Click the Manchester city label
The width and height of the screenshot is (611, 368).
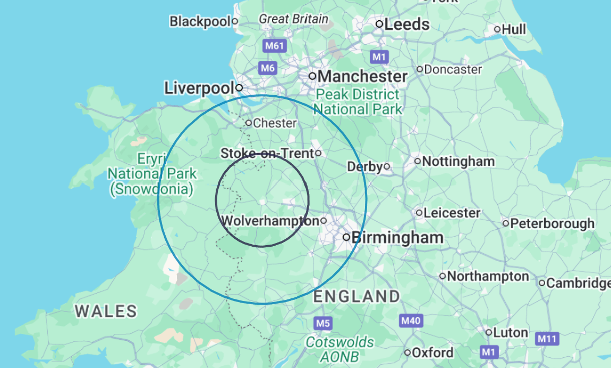pyautogui.click(x=363, y=76)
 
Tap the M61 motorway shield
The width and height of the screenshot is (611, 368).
pyautogui.click(x=274, y=46)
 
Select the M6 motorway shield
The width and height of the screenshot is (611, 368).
pyautogui.click(x=268, y=68)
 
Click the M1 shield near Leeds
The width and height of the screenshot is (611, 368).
pyautogui.click(x=379, y=56)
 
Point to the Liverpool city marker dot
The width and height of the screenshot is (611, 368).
pyautogui.click(x=240, y=88)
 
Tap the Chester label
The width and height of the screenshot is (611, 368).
pyautogui.click(x=275, y=123)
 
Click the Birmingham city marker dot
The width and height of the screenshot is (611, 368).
pyautogui.click(x=346, y=237)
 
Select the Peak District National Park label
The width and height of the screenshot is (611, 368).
pyautogui.click(x=357, y=102)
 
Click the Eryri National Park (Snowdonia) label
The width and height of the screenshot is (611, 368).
pyautogui.click(x=152, y=173)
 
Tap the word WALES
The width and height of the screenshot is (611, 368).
pyautogui.click(x=106, y=311)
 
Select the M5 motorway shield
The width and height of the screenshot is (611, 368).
pyautogui.click(x=323, y=323)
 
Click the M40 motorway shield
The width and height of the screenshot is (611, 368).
pyautogui.click(x=410, y=321)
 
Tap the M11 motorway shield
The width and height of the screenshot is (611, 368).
pyautogui.click(x=547, y=338)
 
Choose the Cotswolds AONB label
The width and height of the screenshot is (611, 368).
pyautogui.click(x=340, y=349)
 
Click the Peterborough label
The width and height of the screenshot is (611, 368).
pyautogui.click(x=552, y=224)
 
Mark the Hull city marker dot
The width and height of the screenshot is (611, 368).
pyautogui.click(x=497, y=29)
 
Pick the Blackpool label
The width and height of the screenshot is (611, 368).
pyautogui.click(x=200, y=22)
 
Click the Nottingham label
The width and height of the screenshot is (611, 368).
pyautogui.click(x=458, y=161)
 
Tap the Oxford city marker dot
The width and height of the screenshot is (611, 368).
pyautogui.click(x=408, y=353)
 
